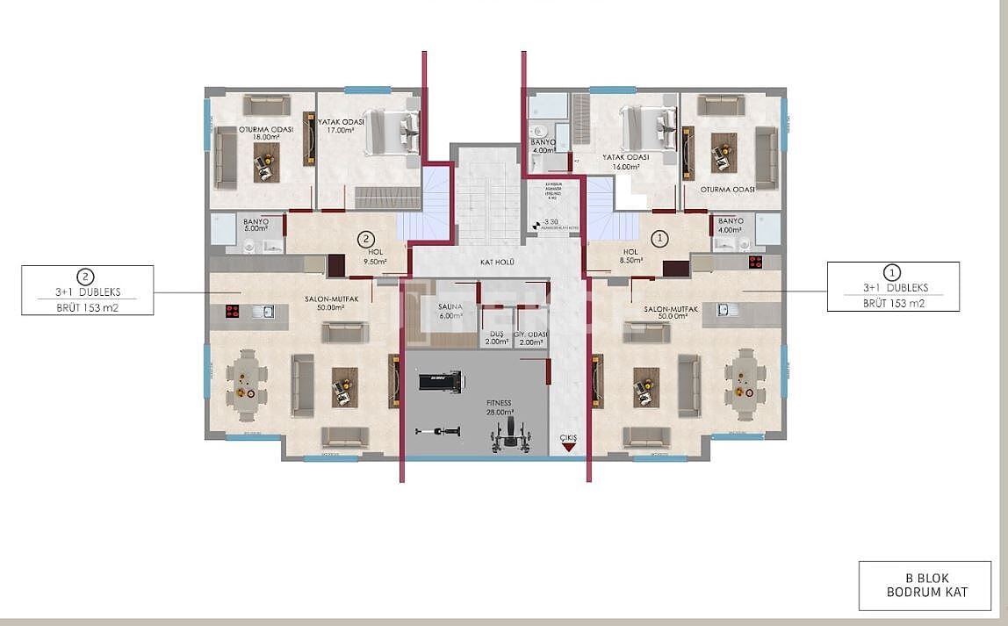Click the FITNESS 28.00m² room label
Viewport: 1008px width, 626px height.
[499, 406]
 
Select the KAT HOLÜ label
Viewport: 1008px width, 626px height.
[498, 263]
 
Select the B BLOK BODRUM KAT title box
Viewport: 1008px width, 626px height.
[924, 586]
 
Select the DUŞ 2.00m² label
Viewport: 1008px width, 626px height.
[496, 338]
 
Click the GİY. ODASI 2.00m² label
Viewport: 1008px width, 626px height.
[530, 338]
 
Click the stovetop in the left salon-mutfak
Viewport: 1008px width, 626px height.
[234, 310]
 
